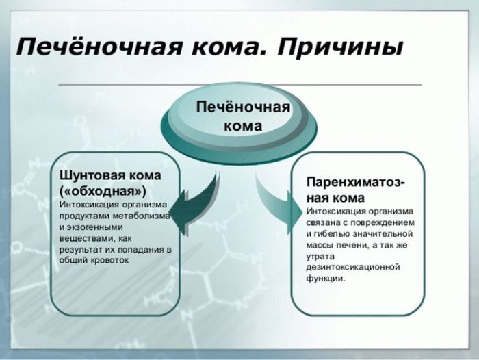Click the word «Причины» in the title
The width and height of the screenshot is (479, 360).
click(340, 47)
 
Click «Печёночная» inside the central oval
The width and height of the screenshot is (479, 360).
click(243, 107)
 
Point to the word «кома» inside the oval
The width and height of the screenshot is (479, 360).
click(243, 126)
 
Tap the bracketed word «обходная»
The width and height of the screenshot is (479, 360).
click(103, 191)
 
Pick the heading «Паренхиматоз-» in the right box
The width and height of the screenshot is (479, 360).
click(356, 183)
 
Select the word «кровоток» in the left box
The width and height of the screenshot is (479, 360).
click(110, 260)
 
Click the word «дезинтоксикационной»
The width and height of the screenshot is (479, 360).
click(353, 268)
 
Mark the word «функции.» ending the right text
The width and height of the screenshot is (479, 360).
click(326, 279)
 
